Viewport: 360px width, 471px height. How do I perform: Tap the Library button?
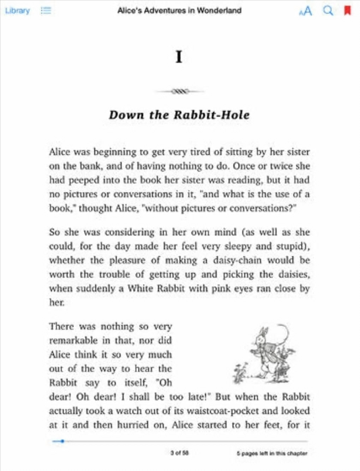coord(17,11)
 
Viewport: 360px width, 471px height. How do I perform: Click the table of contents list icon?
coord(46,11)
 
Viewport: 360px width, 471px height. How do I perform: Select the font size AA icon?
coord(306,11)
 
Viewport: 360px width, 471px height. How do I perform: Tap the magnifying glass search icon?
coord(328,11)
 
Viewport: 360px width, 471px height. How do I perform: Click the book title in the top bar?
coord(179,11)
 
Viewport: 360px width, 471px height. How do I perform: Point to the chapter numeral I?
coord(179,56)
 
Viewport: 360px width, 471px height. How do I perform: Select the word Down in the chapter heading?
coord(126,115)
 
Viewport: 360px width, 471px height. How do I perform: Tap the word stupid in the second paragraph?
coord(290,246)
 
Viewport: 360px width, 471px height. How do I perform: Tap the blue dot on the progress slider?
coord(62,441)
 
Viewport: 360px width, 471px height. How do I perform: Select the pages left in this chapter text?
coord(272,453)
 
